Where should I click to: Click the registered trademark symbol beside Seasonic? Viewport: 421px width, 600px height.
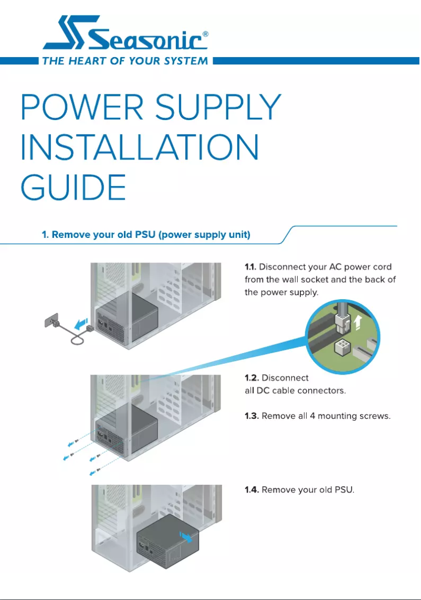pyautogui.click(x=205, y=34)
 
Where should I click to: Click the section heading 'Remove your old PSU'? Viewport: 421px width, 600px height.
pyautogui.click(x=146, y=234)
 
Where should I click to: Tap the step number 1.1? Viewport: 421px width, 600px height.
pyautogui.click(x=251, y=267)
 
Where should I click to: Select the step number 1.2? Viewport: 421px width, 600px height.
pyautogui.click(x=251, y=378)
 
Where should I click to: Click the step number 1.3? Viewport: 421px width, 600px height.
pyautogui.click(x=251, y=417)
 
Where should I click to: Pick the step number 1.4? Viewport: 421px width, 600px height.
pyautogui.click(x=252, y=490)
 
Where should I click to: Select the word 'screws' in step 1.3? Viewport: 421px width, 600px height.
pyautogui.click(x=375, y=417)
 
